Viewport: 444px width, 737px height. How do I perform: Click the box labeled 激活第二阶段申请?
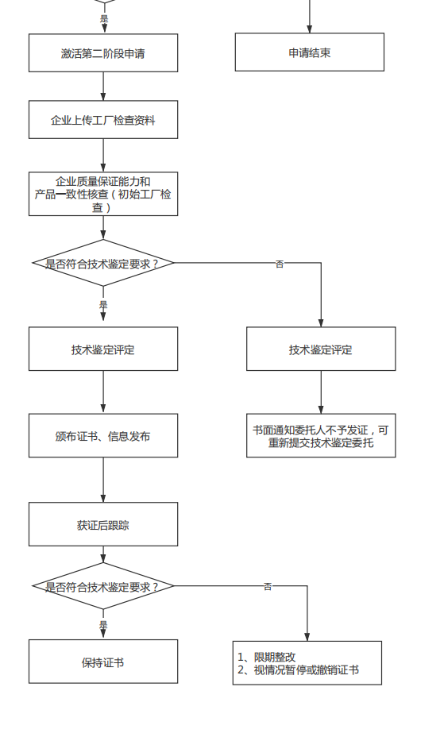[103, 53]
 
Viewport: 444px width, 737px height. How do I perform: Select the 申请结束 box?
[309, 52]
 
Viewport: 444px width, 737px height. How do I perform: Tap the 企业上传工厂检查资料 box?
[103, 120]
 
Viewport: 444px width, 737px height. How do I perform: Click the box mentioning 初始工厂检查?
[103, 194]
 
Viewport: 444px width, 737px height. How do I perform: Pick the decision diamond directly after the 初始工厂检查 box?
[103, 263]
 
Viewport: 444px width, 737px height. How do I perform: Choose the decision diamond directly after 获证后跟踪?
[103, 586]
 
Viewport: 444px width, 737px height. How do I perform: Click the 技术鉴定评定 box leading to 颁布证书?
[103, 349]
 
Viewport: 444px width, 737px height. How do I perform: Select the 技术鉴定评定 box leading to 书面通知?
[321, 349]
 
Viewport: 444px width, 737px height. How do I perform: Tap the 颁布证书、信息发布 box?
[103, 435]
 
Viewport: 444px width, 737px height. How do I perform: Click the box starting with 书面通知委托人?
[321, 435]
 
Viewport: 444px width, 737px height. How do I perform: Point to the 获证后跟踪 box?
[103, 524]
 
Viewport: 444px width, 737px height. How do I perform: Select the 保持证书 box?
[103, 662]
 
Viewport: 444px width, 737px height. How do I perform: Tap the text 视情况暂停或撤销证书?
[306, 669]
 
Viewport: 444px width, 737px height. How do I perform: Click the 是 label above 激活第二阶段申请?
[103, 18]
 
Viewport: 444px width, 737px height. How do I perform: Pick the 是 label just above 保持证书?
[103, 625]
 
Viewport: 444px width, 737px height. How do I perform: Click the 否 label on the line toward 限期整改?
[268, 587]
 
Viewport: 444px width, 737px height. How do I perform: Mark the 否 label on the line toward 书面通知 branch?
[280, 264]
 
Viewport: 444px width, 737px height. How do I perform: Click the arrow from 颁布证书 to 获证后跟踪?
[103, 480]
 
